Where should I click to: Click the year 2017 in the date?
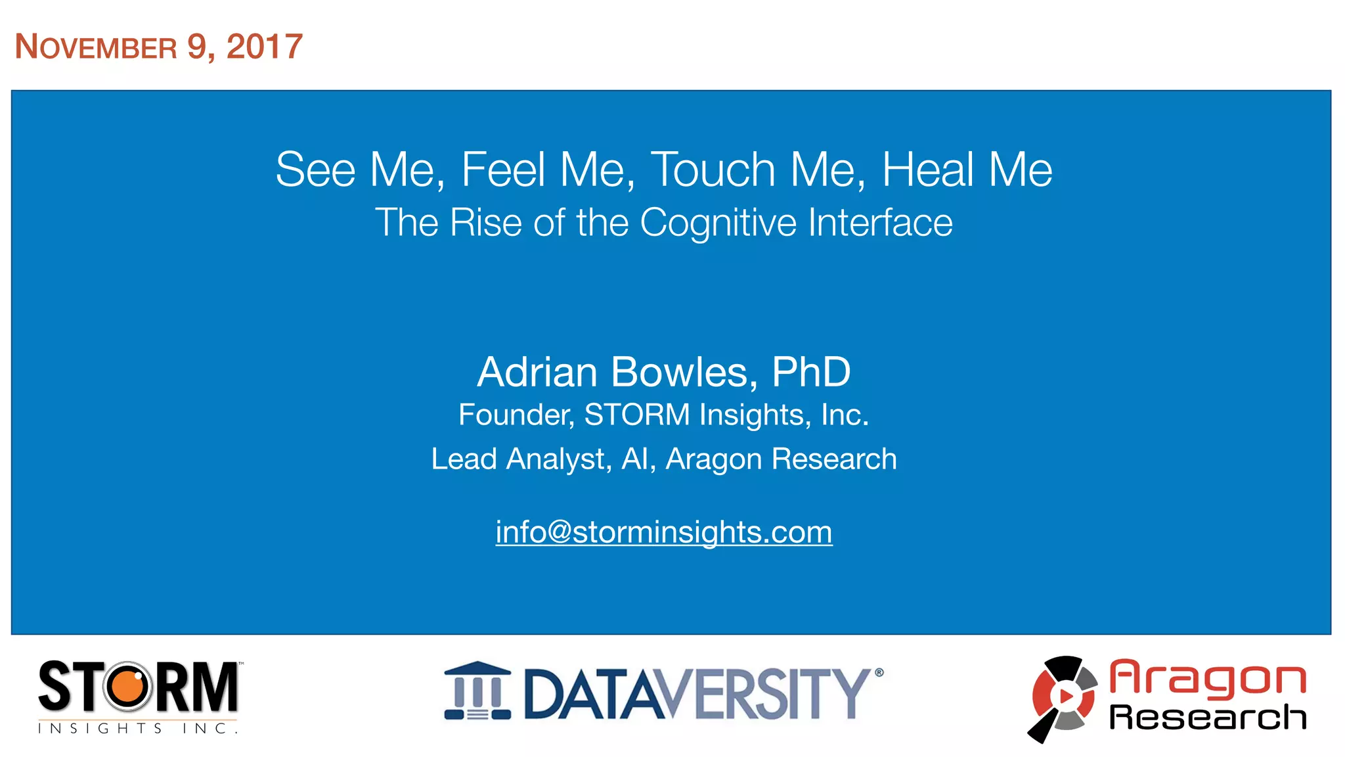pyautogui.click(x=264, y=47)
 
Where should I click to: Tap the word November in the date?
pyautogui.click(x=96, y=47)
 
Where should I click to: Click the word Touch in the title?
pyautogui.click(x=713, y=170)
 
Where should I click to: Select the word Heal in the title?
pyautogui.click(x=927, y=170)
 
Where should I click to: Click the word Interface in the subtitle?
pyautogui.click(x=880, y=222)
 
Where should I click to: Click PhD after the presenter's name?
pyautogui.click(x=811, y=372)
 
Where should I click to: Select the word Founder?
pyautogui.click(x=516, y=415)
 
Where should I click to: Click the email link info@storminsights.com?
pyautogui.click(x=664, y=532)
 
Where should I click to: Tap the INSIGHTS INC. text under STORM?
pyautogui.click(x=138, y=728)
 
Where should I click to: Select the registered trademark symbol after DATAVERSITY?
pyautogui.click(x=879, y=672)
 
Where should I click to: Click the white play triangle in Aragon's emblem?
pyautogui.click(x=1066, y=696)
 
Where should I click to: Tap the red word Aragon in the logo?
pyautogui.click(x=1207, y=678)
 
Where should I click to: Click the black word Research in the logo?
pyautogui.click(x=1207, y=717)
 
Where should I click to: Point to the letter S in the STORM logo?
pyautogui.click(x=55, y=687)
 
